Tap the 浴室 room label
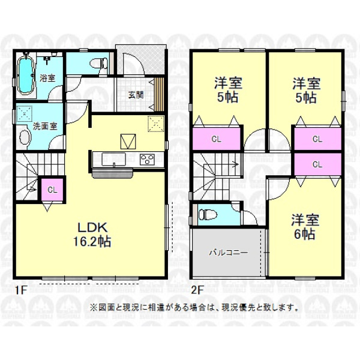(47, 78)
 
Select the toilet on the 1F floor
(100, 63)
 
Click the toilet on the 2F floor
(208, 215)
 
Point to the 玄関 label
(136, 95)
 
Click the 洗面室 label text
(45, 126)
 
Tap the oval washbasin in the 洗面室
(25, 139)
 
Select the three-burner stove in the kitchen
(147, 160)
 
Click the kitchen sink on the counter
(113, 160)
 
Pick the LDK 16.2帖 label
(92, 235)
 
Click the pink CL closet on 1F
(52, 190)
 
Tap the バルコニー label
(229, 253)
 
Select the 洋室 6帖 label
(305, 227)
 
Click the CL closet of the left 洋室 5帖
(216, 139)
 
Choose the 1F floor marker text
(22, 290)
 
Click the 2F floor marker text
(197, 290)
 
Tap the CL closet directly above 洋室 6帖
(317, 164)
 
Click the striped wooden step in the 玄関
(158, 94)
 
